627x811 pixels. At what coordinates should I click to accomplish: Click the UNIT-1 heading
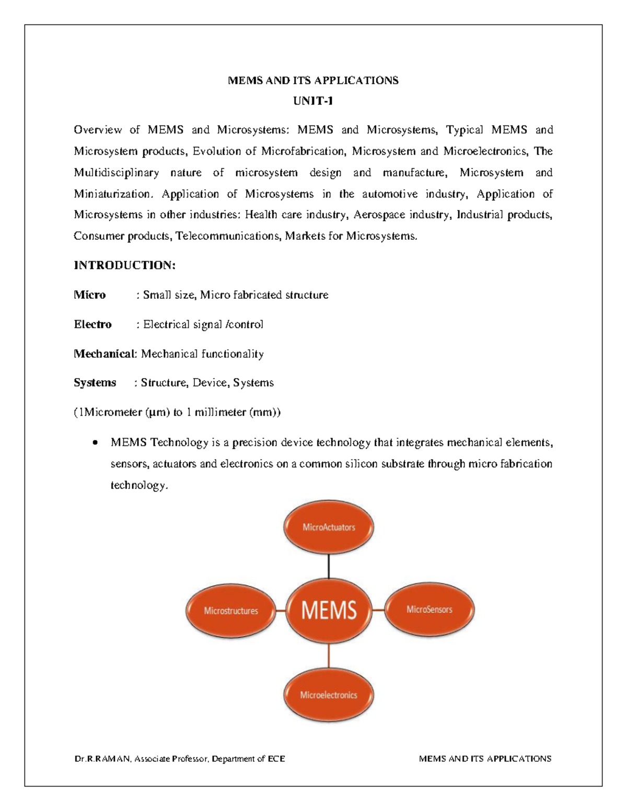(x=313, y=101)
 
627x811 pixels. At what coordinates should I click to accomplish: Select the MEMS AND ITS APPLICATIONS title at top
(x=313, y=80)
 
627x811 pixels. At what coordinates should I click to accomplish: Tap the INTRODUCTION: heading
(x=124, y=265)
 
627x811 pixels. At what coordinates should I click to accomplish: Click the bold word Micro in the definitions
(x=90, y=295)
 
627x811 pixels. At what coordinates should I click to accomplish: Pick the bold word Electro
(x=92, y=324)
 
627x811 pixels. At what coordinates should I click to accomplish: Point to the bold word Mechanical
(x=104, y=354)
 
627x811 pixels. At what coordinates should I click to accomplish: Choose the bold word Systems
(x=95, y=383)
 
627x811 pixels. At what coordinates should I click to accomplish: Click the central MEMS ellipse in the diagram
(x=329, y=610)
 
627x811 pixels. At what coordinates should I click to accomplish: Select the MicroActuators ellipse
(x=329, y=527)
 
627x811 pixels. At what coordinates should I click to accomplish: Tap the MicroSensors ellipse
(x=429, y=609)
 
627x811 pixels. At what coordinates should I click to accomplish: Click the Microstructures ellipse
(x=231, y=610)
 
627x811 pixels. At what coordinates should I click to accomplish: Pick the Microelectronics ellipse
(x=329, y=695)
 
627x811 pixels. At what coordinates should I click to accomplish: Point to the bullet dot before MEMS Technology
(x=95, y=443)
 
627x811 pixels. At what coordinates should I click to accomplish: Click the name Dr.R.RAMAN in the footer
(x=102, y=759)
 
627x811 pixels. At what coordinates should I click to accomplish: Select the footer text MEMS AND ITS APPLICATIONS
(x=485, y=759)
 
